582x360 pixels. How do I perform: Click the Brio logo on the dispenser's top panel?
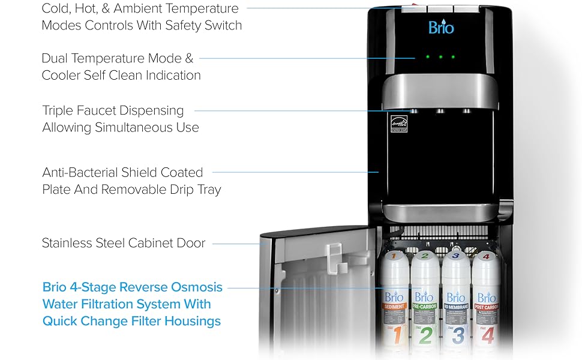(440, 28)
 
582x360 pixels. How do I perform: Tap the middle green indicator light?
(440, 57)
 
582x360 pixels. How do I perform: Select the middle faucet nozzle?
(440, 112)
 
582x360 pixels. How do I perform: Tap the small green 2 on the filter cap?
(425, 256)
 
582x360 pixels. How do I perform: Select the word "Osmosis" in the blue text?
(195, 287)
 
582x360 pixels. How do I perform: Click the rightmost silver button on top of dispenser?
(464, 8)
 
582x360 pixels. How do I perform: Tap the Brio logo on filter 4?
(487, 297)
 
